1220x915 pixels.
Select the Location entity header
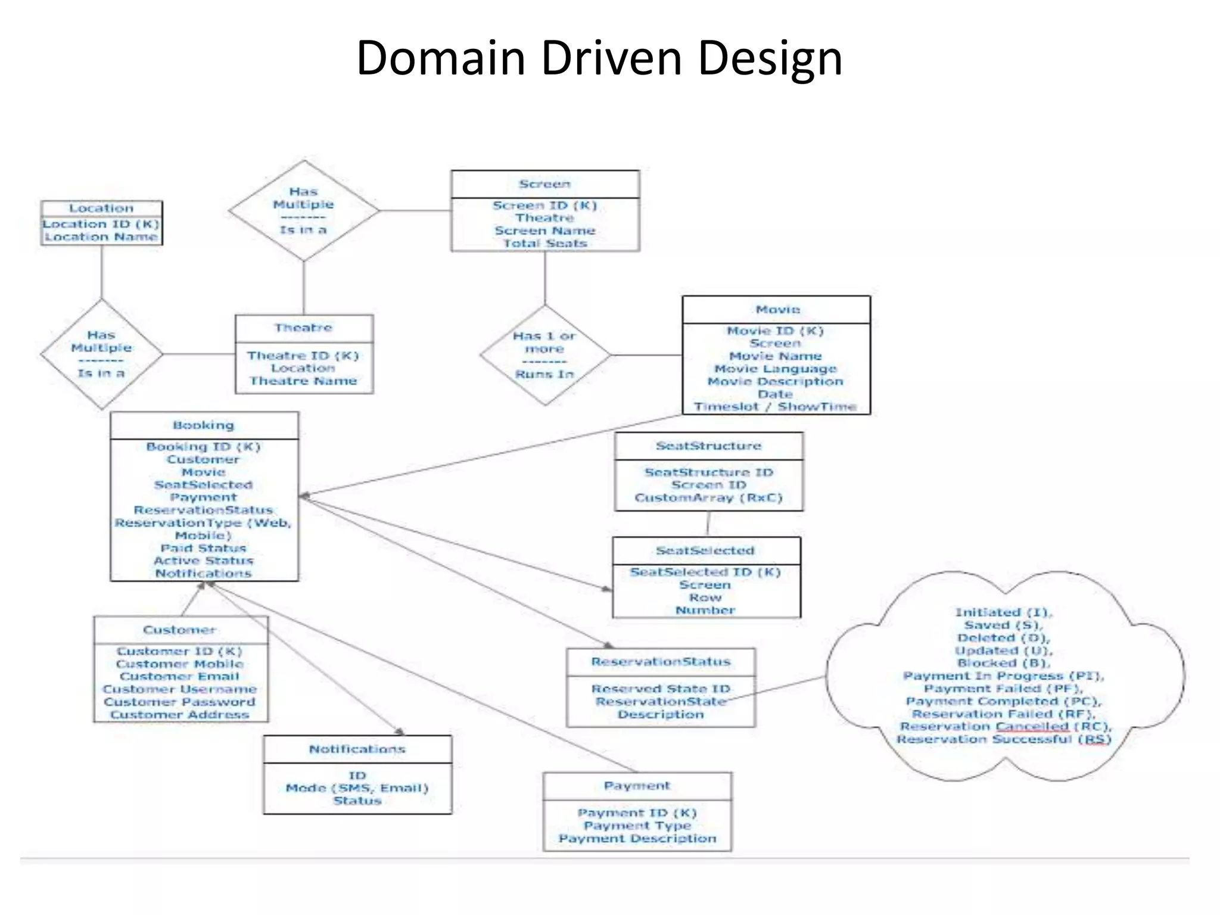[101, 208]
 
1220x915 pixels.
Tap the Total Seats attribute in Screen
[545, 243]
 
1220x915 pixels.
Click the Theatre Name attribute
[303, 381]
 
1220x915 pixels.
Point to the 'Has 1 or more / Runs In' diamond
[545, 355]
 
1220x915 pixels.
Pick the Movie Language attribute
[776, 369]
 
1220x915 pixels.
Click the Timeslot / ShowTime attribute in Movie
[776, 407]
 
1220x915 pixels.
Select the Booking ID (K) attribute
[204, 447]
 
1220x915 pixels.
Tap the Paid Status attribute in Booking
[204, 548]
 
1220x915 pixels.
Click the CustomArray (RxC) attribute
[708, 497]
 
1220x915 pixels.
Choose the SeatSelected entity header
[705, 550]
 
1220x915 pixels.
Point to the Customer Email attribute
[180, 676]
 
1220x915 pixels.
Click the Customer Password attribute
[180, 702]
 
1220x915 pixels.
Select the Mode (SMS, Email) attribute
[357, 788]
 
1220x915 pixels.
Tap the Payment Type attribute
[637, 826]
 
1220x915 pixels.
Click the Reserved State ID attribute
[661, 689]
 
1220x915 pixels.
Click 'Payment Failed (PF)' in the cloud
[1004, 689]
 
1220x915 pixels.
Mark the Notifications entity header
[357, 749]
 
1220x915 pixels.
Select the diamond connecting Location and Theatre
[101, 354]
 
